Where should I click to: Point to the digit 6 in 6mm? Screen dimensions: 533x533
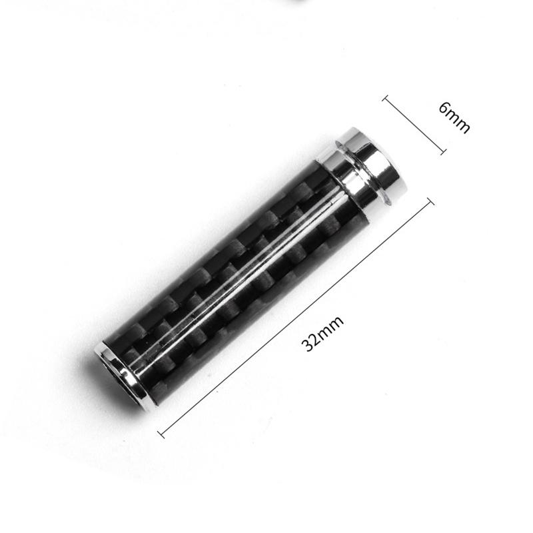click(x=445, y=110)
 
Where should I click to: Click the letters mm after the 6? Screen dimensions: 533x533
click(x=459, y=122)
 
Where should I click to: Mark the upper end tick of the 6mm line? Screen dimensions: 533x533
click(x=385, y=99)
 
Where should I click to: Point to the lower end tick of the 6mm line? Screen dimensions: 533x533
click(x=442, y=152)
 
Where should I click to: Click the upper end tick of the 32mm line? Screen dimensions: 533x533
click(x=431, y=201)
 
